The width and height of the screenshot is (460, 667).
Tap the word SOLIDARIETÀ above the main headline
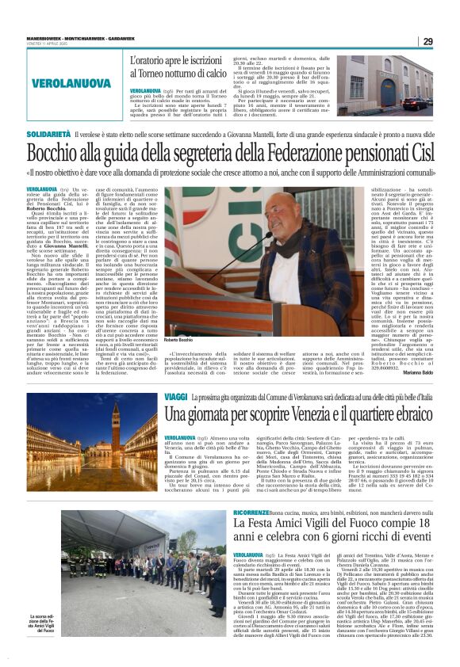coord(49,135)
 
